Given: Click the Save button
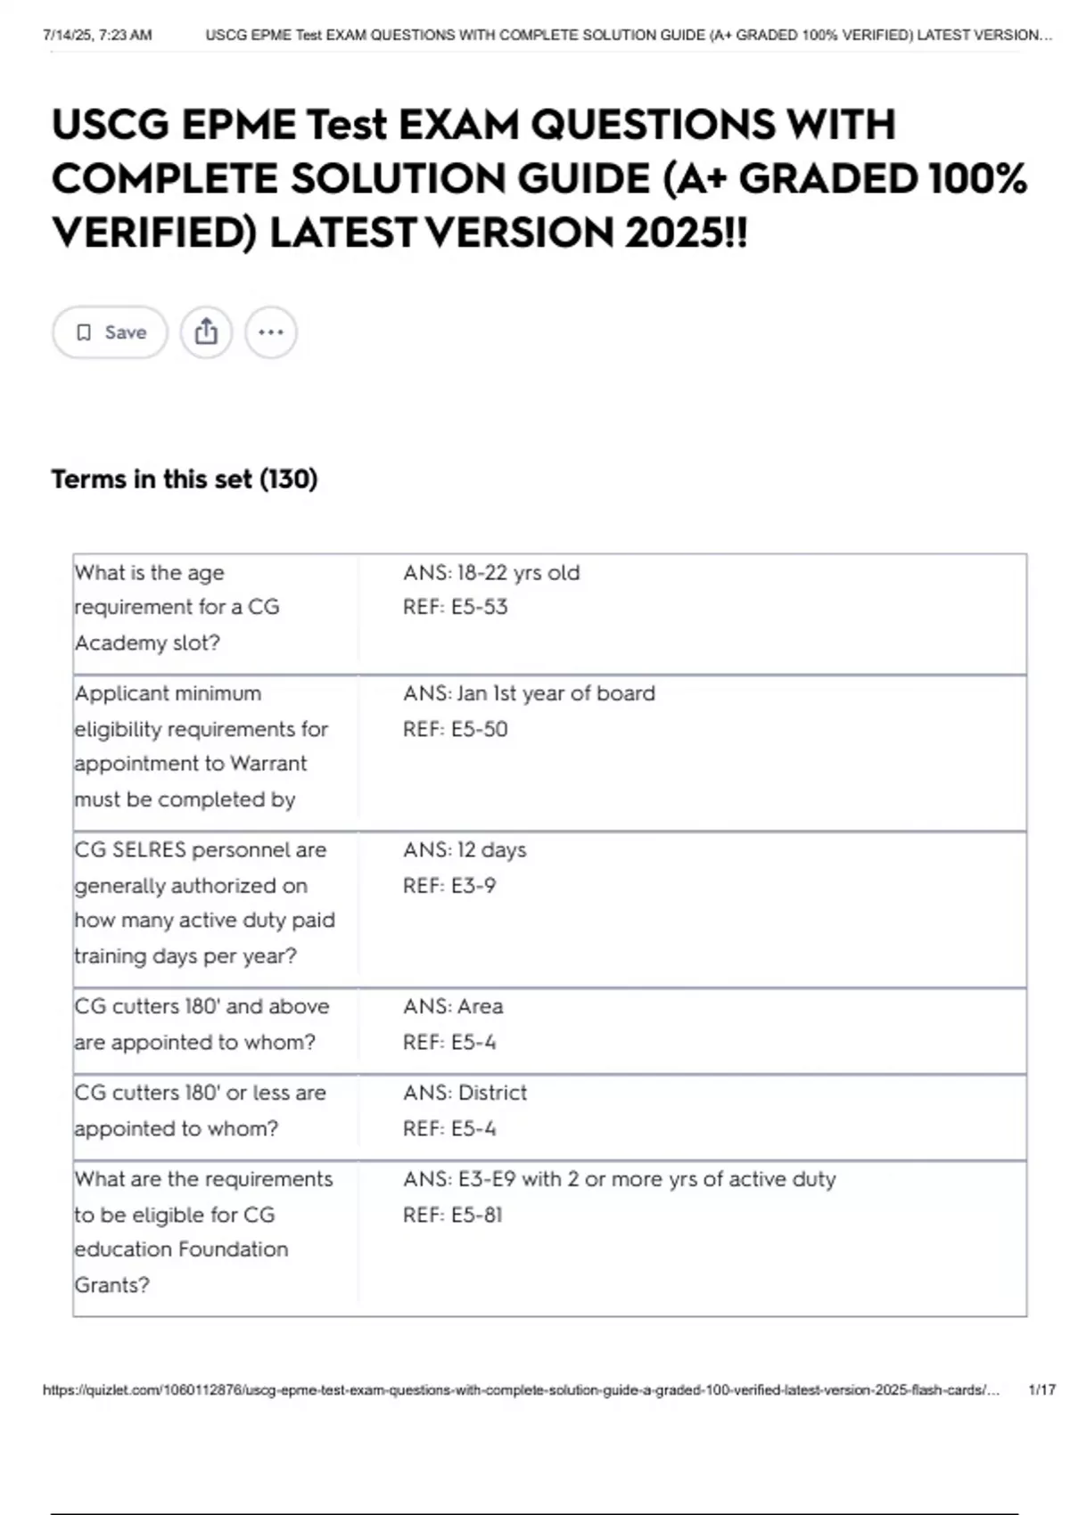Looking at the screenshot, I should pyautogui.click(x=110, y=332).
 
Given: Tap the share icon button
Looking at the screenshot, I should pyautogui.click(x=206, y=332).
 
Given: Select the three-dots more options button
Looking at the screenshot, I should pyautogui.click(x=271, y=332).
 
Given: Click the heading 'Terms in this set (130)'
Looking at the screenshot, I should pyautogui.click(x=185, y=479).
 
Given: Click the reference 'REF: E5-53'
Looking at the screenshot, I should pyautogui.click(x=455, y=607).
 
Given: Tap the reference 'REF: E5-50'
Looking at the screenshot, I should pyautogui.click(x=455, y=729).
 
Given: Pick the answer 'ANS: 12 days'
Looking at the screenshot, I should pyautogui.click(x=465, y=850).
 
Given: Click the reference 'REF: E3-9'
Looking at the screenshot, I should pyautogui.click(x=449, y=886).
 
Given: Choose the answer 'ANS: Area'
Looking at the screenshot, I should pyautogui.click(x=453, y=1006).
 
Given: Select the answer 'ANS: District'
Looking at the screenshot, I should pyautogui.click(x=465, y=1093).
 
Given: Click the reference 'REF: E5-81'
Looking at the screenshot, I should pyautogui.click(x=453, y=1215).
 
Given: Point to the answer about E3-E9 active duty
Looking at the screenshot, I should pyautogui.click(x=619, y=1179).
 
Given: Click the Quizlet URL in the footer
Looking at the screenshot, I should pyautogui.click(x=521, y=1390).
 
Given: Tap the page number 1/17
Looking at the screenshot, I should pyautogui.click(x=1041, y=1390).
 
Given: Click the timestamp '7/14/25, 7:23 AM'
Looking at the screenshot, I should pyautogui.click(x=97, y=36).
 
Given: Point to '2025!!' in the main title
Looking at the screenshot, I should pyautogui.click(x=686, y=233).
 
